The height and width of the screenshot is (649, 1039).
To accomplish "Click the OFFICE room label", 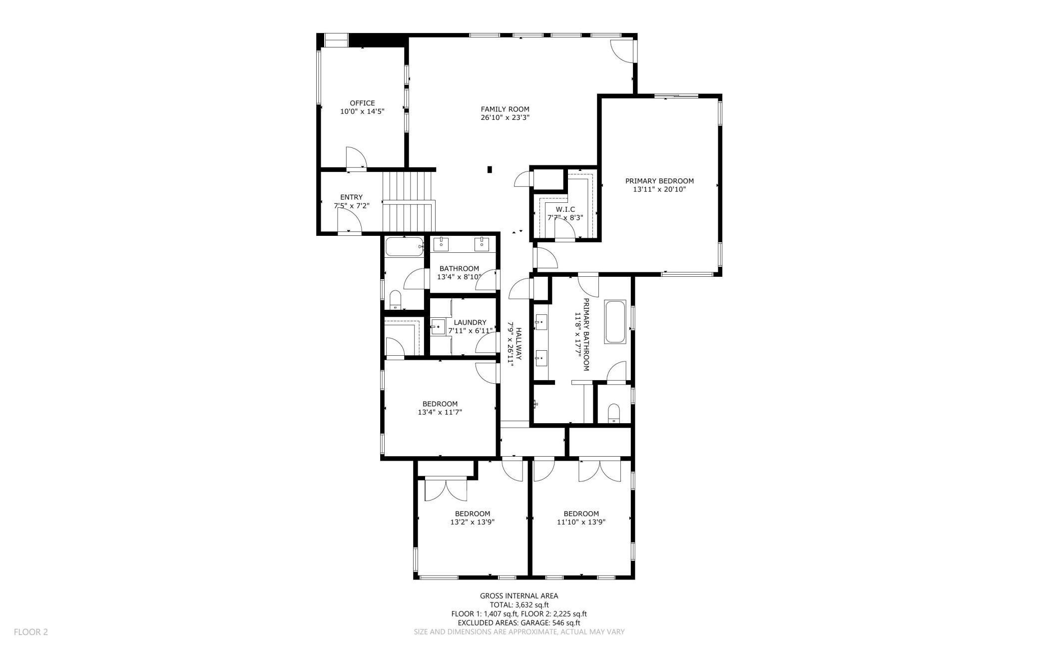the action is (362, 103).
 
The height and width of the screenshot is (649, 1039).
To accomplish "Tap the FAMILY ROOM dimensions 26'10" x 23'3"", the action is (505, 118).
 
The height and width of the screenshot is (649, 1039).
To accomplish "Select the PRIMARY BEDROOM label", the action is (659, 181).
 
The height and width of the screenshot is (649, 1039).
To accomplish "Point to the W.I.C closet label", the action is (565, 209).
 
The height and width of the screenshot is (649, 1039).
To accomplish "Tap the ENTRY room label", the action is (352, 197).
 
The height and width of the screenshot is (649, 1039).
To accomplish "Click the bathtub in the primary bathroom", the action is (615, 322).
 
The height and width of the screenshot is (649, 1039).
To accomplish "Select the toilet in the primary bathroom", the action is (614, 413).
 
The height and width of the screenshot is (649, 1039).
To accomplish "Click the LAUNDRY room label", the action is (470, 323).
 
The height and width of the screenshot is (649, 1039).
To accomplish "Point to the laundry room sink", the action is (438, 327).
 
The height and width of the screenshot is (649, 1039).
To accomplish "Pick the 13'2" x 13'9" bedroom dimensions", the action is (473, 522).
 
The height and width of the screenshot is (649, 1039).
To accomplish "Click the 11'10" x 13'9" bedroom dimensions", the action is (581, 522).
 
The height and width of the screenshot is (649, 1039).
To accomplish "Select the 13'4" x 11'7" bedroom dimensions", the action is (440, 412).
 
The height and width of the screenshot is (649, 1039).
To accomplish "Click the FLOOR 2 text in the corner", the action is (31, 632).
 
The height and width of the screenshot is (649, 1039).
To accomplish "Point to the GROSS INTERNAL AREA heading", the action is (519, 596).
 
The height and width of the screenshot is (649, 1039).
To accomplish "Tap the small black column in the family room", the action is (490, 169).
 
